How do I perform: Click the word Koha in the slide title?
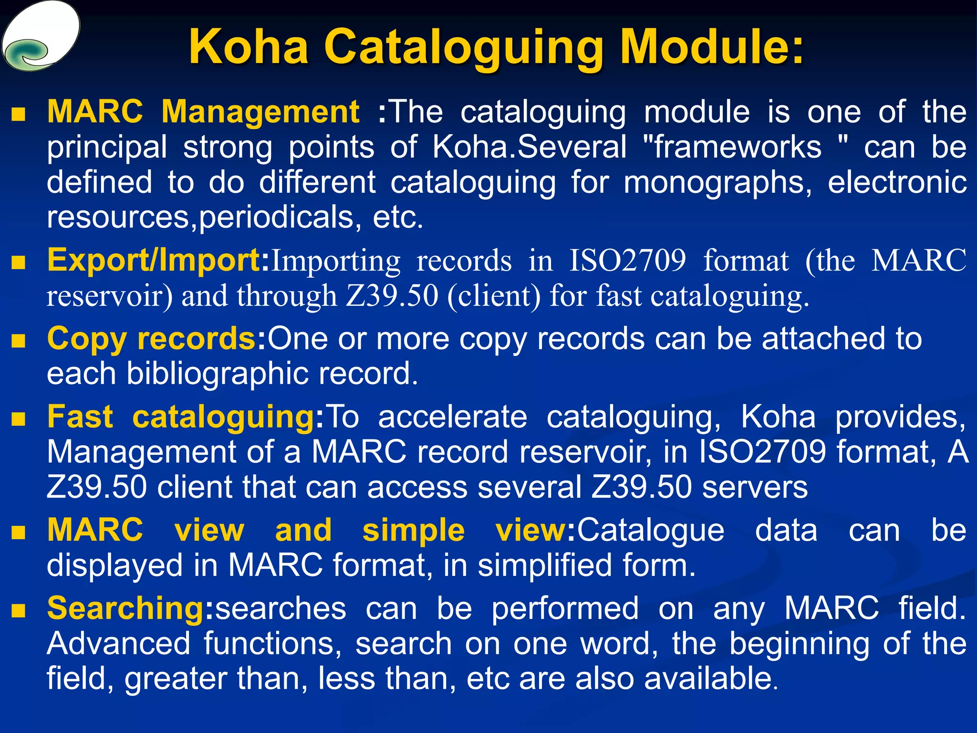(x=249, y=47)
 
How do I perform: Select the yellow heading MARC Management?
(x=203, y=113)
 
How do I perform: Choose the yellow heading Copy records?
(x=152, y=339)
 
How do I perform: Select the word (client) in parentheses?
(x=494, y=296)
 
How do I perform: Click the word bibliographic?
(x=218, y=374)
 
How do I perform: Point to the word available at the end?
(x=711, y=679)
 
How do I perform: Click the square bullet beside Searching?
(x=18, y=610)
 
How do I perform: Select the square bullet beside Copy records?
(x=18, y=341)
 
